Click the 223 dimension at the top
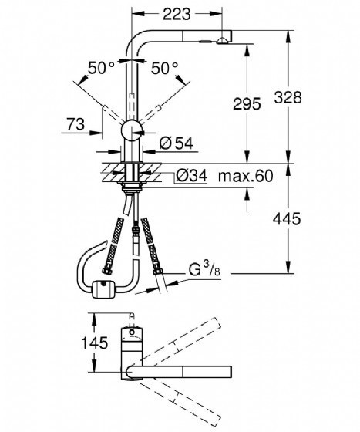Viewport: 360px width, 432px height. tap(177, 14)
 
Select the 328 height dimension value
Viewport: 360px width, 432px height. tap(288, 97)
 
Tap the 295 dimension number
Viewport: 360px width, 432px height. tap(247, 104)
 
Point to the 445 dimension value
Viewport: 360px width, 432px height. tap(287, 219)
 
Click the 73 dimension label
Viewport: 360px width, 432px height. tap(76, 124)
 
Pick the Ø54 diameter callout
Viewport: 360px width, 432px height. tap(177, 143)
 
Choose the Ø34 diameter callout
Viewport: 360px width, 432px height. tap(191, 176)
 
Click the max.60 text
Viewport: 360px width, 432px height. tap(245, 176)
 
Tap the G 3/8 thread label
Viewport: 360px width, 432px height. tap(204, 269)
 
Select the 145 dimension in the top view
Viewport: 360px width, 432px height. tap(94, 343)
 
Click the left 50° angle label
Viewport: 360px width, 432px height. tap(101, 68)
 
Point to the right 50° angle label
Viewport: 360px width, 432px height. tap(165, 68)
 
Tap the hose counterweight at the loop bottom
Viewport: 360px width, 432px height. tap(103, 289)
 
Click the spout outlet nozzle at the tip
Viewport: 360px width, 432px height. tap(222, 42)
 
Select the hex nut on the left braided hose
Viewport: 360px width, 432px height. tap(107, 270)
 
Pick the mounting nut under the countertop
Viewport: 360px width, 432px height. tap(132, 187)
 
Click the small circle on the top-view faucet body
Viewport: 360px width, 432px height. tap(133, 332)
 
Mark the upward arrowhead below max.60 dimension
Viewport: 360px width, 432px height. tap(247, 194)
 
